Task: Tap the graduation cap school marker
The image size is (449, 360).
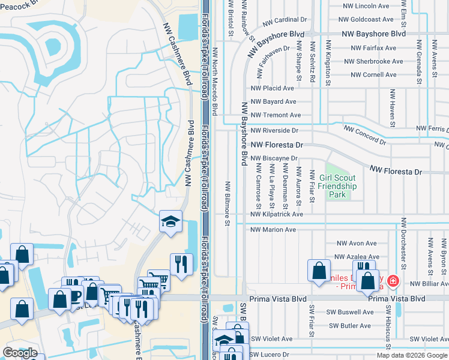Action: coord(170,223)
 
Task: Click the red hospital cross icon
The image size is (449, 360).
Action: coord(392,281)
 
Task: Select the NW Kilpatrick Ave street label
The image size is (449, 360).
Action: coord(277,214)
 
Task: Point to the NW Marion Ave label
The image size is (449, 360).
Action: coord(273,230)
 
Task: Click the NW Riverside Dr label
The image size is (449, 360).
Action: coord(274,130)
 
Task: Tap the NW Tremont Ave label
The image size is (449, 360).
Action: coord(276,115)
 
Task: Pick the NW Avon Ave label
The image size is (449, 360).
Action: coord(356,244)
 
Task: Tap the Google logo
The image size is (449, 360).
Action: coord(20,353)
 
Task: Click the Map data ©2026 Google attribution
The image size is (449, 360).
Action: coord(412,355)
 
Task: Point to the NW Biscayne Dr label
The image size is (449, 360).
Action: coord(274,158)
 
